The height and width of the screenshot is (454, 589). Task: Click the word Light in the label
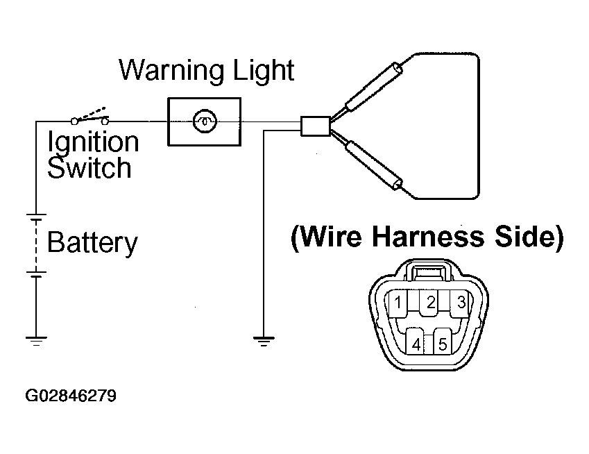coord(264,70)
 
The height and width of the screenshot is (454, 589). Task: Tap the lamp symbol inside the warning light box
coord(205,121)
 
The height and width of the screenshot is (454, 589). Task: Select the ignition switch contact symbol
coord(89,116)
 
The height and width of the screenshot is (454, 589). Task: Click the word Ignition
coord(93,143)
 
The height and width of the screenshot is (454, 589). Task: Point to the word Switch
coord(89,167)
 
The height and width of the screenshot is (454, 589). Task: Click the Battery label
coord(92,243)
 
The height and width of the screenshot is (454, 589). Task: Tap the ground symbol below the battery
coord(36,341)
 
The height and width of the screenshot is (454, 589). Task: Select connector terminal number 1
coord(398,302)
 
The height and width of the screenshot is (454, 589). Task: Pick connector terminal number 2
coord(431,302)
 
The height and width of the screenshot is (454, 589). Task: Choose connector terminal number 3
coord(461,302)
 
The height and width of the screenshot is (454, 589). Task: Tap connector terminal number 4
coord(416,342)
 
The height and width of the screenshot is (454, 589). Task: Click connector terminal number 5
coord(443,342)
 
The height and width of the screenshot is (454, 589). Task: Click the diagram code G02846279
coord(71,396)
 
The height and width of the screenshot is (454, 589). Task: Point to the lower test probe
coord(374,165)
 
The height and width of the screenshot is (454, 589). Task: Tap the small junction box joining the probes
coord(316,126)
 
